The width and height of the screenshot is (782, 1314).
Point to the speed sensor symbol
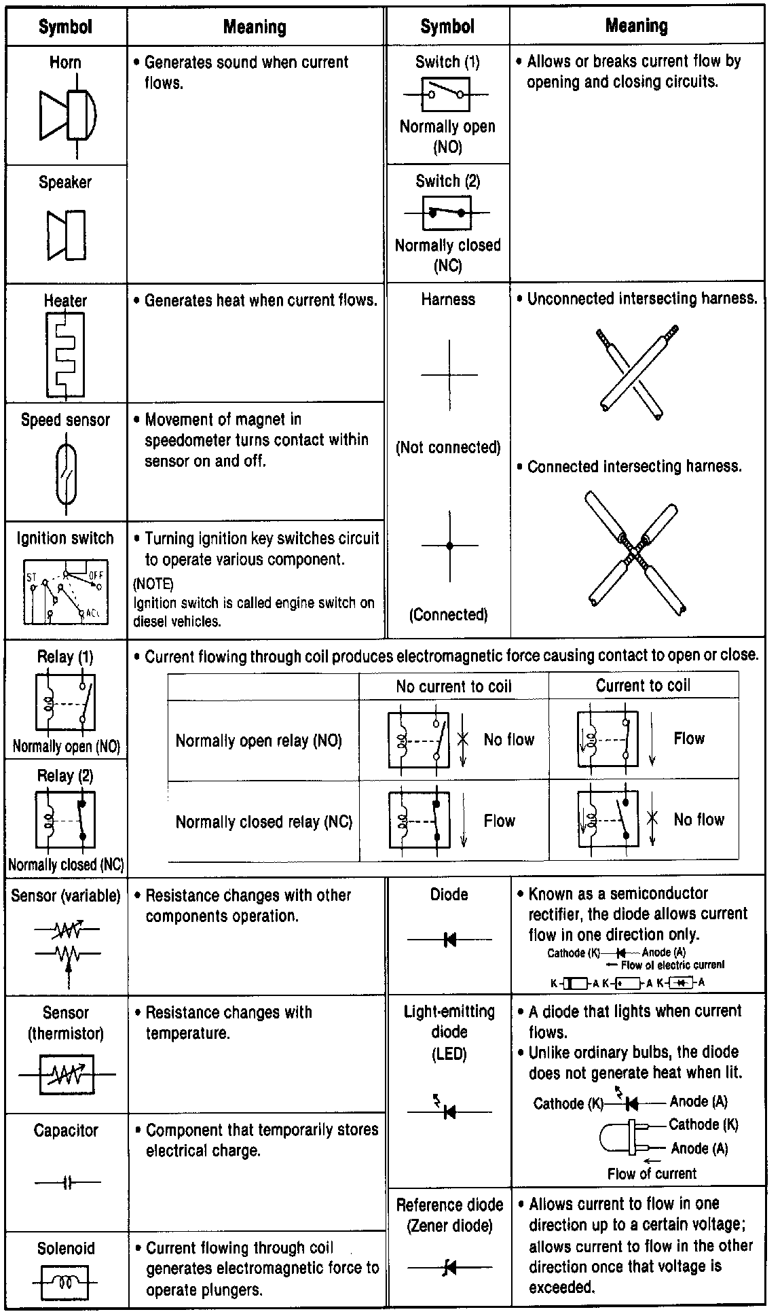pyautogui.click(x=66, y=473)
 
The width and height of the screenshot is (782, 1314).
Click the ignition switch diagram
pyautogui.click(x=65, y=591)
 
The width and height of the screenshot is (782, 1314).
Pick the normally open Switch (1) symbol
pyautogui.click(x=446, y=94)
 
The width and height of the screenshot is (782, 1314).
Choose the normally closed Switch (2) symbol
pyautogui.click(x=446, y=213)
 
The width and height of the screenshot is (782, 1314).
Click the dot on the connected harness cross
pyautogui.click(x=449, y=545)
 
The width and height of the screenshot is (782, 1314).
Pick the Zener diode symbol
pyautogui.click(x=449, y=1267)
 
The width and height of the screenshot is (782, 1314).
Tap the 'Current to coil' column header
pyautogui.click(x=643, y=686)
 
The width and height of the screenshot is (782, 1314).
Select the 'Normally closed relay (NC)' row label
pyautogui.click(x=263, y=821)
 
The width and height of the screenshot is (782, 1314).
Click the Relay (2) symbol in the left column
pyautogui.click(x=65, y=821)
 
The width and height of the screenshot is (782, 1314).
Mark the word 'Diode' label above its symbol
pyautogui.click(x=449, y=894)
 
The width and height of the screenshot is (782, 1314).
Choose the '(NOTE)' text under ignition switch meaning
pyautogui.click(x=153, y=584)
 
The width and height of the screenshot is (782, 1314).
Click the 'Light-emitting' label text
pyautogui.click(x=449, y=1011)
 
